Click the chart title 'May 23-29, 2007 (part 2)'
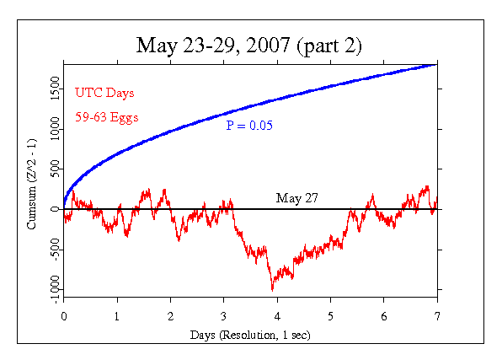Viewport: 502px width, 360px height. coord(250,44)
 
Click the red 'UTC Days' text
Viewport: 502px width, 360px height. coord(104,92)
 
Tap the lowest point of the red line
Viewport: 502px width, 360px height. coord(272,289)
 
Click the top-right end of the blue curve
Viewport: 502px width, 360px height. coord(436,64)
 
